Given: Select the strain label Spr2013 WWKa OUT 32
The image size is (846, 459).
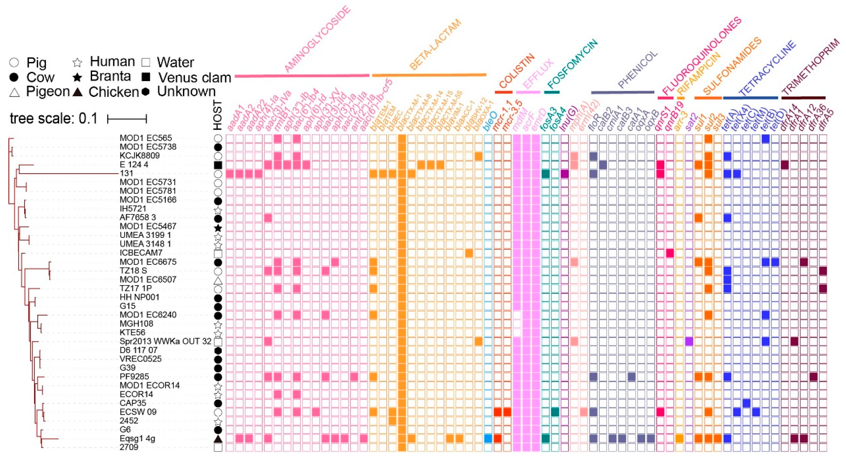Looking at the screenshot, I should (x=165, y=341).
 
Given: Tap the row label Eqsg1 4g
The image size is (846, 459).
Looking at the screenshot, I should (x=137, y=438).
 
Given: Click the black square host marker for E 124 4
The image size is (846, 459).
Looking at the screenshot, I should (x=218, y=165).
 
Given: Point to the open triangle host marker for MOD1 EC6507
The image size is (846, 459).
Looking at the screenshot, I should (x=218, y=280).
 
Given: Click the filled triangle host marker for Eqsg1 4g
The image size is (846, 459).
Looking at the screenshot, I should (x=218, y=439).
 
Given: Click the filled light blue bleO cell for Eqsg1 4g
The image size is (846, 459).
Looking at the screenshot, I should (x=488, y=438).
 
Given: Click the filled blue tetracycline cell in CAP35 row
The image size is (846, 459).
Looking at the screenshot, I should (x=746, y=403).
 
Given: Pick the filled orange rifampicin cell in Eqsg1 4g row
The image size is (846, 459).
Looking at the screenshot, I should (x=679, y=438).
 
